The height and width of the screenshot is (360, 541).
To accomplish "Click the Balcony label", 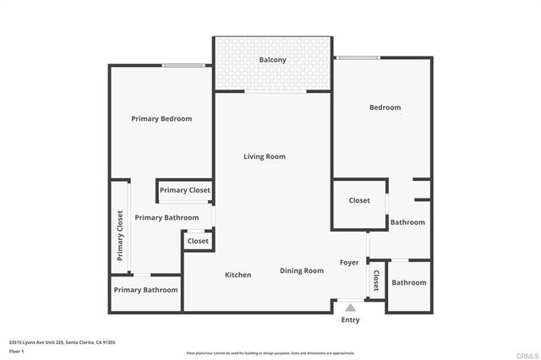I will (x=271, y=60).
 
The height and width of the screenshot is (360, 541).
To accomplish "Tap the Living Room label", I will (x=264, y=156).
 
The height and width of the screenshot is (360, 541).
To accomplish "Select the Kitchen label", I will (x=238, y=275).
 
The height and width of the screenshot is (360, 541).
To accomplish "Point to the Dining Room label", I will (x=302, y=270).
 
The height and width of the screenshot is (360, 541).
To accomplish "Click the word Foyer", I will (x=350, y=263).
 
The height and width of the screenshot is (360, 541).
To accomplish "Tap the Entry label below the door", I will (x=350, y=320).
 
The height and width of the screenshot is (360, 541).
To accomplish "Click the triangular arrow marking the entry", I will (x=350, y=308).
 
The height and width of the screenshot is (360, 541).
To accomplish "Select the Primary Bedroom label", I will (x=161, y=119).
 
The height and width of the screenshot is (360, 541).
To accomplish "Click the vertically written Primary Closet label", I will (x=120, y=236).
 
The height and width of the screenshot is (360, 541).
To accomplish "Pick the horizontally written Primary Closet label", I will (x=184, y=190).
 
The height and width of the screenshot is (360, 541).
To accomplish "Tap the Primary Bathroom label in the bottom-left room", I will (x=146, y=290).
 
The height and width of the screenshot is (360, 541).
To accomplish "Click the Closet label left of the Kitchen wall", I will (x=198, y=241).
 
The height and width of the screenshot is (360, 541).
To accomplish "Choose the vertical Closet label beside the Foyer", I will (x=376, y=281).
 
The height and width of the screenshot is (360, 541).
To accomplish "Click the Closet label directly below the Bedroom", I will (x=359, y=200).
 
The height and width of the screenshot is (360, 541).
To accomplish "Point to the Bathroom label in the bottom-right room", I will (x=408, y=282).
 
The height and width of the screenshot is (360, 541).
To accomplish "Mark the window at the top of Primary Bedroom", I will (x=183, y=66).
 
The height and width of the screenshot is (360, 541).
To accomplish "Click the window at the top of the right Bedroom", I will (x=358, y=58).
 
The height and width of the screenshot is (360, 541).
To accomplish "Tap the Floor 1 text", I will (x=17, y=351).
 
